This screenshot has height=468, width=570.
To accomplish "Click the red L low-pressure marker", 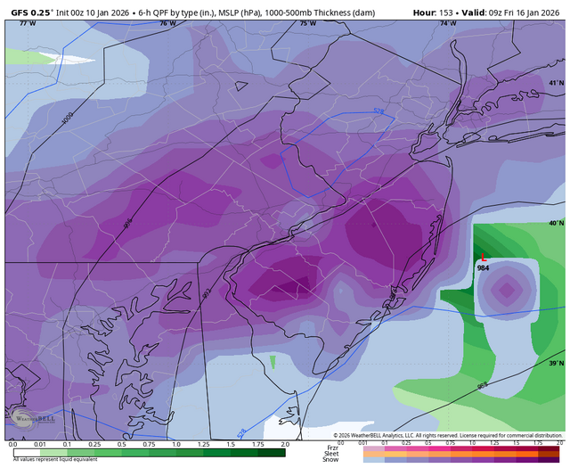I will (483, 257).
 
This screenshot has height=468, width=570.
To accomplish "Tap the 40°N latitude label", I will (556, 223).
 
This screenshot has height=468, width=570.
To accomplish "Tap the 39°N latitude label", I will (556, 364).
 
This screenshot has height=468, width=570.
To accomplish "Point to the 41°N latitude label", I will (556, 83).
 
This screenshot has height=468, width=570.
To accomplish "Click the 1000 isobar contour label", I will (69, 116).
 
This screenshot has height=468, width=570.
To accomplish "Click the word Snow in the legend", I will (330, 460).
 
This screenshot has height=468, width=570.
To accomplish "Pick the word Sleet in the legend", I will (330, 453).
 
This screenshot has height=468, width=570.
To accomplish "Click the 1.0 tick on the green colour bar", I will (176, 443).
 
